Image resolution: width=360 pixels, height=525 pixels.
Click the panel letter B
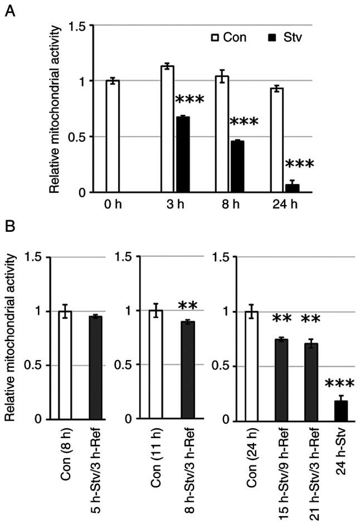[x=9, y=228]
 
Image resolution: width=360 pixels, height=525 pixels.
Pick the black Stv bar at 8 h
[x=237, y=167]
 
